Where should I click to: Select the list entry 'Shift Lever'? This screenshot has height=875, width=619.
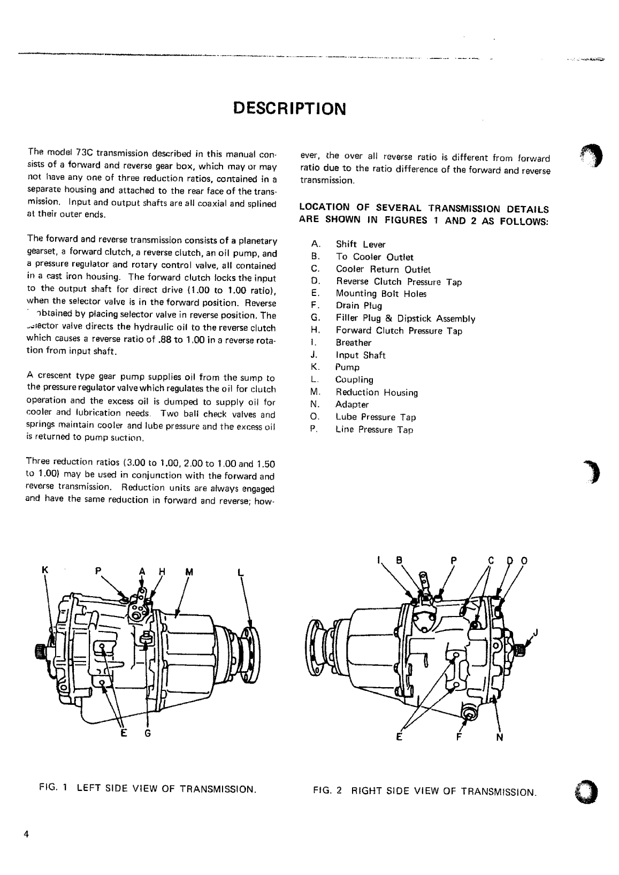click(x=360, y=245)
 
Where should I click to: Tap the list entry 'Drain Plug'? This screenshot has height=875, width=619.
click(x=358, y=306)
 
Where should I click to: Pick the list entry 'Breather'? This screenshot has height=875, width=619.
click(x=353, y=343)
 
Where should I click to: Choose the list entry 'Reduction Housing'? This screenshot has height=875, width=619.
click(x=376, y=393)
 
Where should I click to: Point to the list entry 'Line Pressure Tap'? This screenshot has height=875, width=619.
click(x=374, y=430)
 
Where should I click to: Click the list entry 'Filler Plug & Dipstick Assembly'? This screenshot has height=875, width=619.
click(x=405, y=319)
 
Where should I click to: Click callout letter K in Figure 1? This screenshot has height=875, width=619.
click(x=45, y=570)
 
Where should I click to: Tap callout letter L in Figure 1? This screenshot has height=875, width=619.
click(x=240, y=572)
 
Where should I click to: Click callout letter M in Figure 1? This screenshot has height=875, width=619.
click(x=188, y=571)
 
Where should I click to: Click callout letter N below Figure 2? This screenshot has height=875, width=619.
click(x=500, y=738)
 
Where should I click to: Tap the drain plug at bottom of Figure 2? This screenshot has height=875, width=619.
click(x=469, y=713)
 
